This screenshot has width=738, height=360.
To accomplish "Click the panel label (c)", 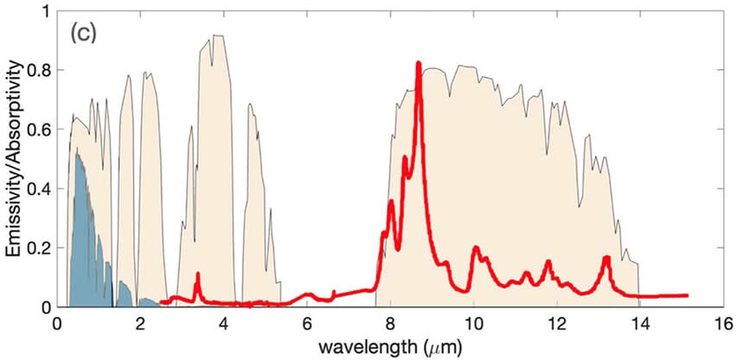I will (83, 33).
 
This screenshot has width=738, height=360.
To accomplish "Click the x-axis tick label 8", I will (390, 324).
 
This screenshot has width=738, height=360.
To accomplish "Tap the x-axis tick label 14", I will (640, 324).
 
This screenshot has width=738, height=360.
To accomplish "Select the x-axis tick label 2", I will (140, 324).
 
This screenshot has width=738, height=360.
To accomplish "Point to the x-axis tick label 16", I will (723, 324).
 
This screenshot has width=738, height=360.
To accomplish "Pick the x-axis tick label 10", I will (473, 324).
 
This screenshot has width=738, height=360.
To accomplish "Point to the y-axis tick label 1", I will (45, 11).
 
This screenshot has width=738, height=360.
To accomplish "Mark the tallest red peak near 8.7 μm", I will (418, 63).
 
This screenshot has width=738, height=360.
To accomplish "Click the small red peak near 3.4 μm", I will (198, 274).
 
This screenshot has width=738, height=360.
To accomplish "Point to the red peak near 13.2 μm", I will (606, 258).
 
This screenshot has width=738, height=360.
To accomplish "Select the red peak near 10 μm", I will (476, 248).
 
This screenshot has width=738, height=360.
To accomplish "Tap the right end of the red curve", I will (687, 295).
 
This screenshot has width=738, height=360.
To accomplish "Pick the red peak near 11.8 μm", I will (548, 262).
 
